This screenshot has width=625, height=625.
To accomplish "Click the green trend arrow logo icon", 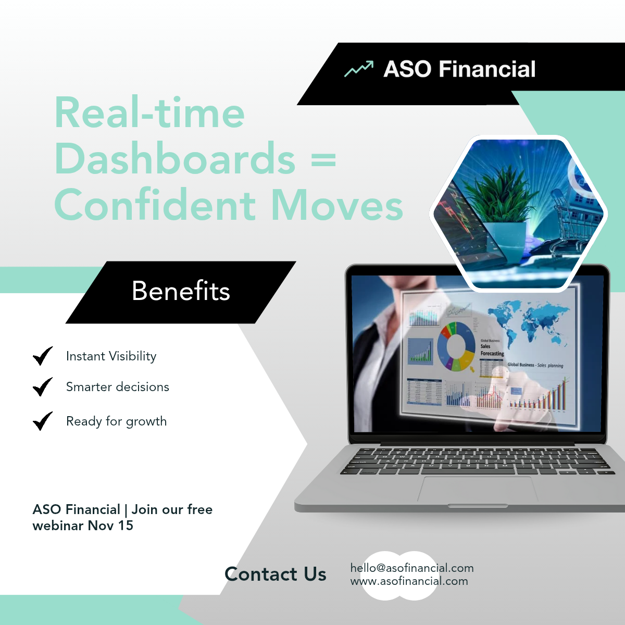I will coord(359,69).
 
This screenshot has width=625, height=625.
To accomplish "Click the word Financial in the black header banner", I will coord(487,69).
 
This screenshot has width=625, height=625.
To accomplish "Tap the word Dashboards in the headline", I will coord(175,159).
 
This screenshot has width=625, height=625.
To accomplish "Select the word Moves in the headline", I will coord(337,205).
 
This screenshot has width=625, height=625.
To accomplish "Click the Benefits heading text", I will coord(181,291).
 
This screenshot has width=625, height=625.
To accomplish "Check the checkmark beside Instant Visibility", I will coord(43,356).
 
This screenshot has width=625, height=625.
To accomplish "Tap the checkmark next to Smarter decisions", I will coord(43,386).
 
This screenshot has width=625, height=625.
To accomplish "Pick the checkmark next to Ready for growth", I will coord(43,421).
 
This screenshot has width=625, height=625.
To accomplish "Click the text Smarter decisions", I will coord(118,387).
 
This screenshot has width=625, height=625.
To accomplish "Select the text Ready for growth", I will coord(117,421).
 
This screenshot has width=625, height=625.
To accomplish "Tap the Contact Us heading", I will coord(276,574).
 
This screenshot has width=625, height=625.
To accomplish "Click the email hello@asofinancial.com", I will coord(412,568).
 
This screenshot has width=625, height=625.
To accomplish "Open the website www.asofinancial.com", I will coord(409,581).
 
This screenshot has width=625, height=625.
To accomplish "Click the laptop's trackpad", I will coord(478,490).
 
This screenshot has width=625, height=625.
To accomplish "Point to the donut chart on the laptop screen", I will coord(456,346).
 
